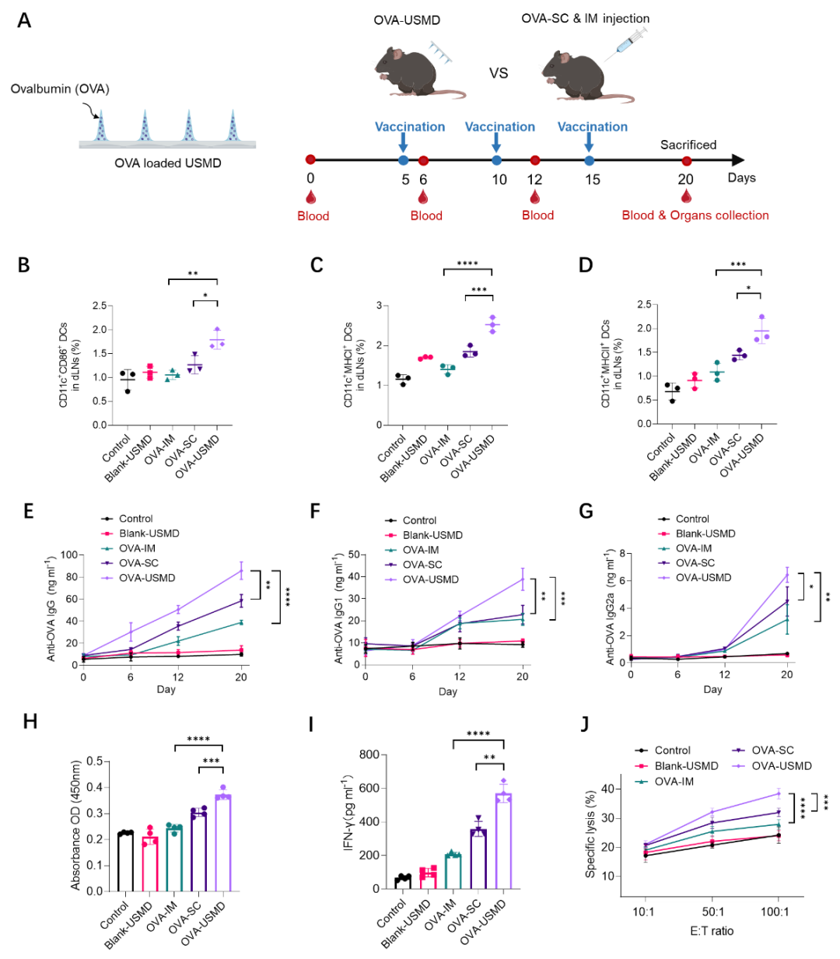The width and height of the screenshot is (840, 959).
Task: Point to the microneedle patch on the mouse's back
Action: coord(441,52)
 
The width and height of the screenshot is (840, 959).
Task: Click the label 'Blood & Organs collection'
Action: coord(695,215)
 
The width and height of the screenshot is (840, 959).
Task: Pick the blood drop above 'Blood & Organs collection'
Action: coord(686,195)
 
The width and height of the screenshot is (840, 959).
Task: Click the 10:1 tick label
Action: coord(643,912)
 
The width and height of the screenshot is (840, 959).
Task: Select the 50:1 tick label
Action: coord(713,912)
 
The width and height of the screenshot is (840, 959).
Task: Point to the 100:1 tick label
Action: coord(775,912)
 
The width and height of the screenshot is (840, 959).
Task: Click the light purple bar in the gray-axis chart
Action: coord(503,840)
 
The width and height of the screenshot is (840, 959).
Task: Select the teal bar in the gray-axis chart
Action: coord(453,871)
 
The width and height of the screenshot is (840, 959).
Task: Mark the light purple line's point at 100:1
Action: coord(779,794)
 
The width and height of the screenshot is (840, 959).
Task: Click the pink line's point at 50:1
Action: coord(712,842)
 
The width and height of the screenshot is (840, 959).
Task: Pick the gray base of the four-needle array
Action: coord(167,145)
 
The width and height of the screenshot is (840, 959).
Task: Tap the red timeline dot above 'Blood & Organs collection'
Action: coord(687,161)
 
